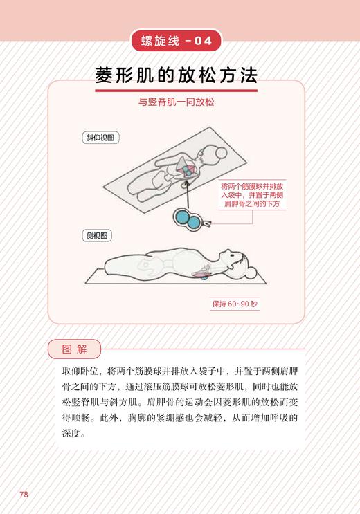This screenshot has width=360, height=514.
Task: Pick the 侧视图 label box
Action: (x=97, y=235)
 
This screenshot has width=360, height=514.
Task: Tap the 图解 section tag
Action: (x=74, y=348)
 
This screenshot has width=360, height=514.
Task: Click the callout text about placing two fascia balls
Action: (x=251, y=196)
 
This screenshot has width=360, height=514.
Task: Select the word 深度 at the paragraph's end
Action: (x=71, y=434)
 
